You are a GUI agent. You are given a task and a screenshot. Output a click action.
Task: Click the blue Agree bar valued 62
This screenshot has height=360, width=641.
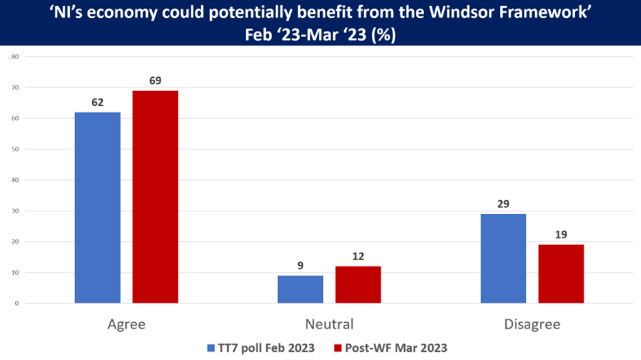(x=98, y=207)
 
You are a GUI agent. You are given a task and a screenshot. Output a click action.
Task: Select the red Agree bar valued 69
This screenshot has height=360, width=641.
(x=155, y=197)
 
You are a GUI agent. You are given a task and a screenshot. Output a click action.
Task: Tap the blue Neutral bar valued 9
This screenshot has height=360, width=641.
(x=300, y=289)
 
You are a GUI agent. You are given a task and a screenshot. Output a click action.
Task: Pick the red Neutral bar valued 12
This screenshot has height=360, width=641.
(x=358, y=284)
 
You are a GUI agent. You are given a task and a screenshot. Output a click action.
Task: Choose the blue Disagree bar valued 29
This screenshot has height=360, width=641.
(x=503, y=258)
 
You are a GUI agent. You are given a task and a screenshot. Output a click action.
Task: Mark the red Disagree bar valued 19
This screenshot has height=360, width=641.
(x=561, y=273)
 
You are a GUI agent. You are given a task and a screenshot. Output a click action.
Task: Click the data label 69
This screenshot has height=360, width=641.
(x=155, y=81)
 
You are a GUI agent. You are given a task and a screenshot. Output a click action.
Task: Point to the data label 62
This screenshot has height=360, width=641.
(x=98, y=103)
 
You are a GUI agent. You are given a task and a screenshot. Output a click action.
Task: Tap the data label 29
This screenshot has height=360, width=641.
(x=503, y=204)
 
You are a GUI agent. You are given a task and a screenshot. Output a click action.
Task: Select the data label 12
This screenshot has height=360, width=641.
(x=358, y=257)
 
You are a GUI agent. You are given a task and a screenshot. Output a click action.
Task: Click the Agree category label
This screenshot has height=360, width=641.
(x=127, y=324)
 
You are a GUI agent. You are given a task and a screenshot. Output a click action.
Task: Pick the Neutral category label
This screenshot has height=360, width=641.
(x=329, y=324)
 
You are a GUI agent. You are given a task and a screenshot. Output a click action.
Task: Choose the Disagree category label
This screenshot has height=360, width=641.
(x=532, y=324)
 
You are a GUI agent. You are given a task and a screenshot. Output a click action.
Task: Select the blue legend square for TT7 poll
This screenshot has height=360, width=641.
(x=211, y=348)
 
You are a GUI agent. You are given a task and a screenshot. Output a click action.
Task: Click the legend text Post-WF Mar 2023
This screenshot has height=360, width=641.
(x=402, y=348)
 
